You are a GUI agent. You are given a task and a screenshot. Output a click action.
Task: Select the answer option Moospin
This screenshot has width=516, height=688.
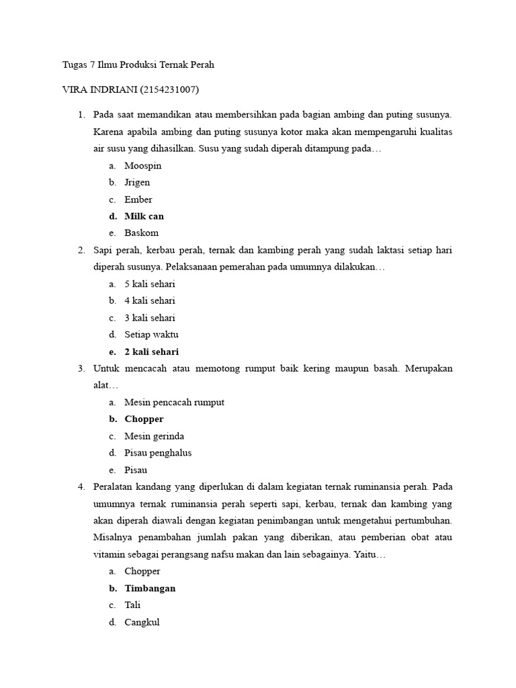(x=142, y=165)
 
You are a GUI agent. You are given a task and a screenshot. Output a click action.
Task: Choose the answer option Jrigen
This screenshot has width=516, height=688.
(x=137, y=182)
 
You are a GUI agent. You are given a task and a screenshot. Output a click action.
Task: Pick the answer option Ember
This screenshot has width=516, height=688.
(x=138, y=200)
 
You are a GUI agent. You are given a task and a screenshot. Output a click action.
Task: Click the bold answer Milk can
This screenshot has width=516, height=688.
(x=144, y=216)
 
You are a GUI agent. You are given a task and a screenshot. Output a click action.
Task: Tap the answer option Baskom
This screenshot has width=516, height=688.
(x=141, y=233)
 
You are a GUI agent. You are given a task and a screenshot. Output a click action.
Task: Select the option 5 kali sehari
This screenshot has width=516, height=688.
(x=149, y=284)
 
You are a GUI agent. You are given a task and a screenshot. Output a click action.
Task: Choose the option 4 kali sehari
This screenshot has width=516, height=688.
(x=149, y=300)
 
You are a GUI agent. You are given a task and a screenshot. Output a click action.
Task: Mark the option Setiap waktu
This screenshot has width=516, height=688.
(x=151, y=334)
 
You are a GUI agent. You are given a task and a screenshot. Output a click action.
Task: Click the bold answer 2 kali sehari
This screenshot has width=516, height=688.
(x=151, y=351)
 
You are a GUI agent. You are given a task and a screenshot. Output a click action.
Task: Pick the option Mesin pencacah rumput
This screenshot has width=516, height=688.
(x=174, y=402)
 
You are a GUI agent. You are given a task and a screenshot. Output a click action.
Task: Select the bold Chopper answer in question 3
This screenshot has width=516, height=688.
(x=144, y=419)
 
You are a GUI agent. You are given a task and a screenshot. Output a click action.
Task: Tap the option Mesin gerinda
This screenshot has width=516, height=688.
(x=154, y=436)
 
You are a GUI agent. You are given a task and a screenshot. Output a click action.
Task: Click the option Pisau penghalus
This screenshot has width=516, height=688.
(x=158, y=453)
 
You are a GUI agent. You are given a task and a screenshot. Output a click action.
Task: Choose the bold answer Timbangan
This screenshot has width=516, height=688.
(x=150, y=588)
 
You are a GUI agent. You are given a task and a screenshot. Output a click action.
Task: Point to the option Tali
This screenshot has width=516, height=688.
(x=132, y=605)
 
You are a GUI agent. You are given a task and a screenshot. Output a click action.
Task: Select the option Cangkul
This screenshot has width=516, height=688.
(x=142, y=622)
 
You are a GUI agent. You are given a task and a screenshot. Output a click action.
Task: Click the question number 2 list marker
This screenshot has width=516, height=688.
(x=81, y=250)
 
